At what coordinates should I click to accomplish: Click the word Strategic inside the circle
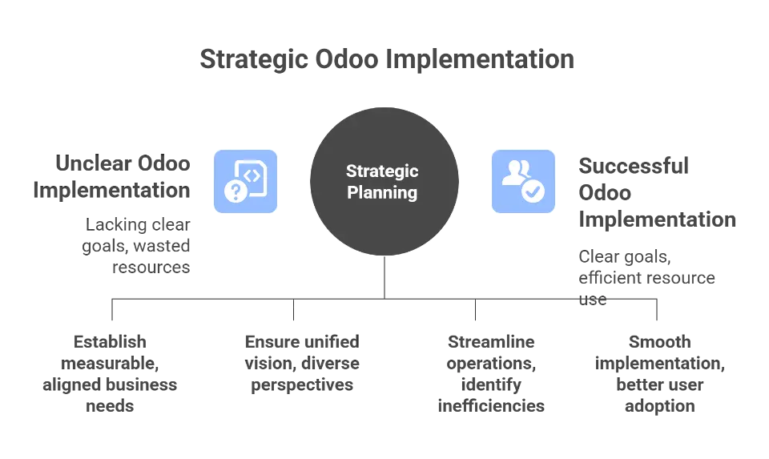(382, 171)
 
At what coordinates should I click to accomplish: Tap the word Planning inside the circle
(382, 192)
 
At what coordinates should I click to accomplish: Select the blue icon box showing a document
(245, 182)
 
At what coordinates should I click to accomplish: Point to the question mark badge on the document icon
(235, 191)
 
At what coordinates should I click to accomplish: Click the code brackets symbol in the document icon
(252, 174)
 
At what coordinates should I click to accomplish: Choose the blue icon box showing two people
(523, 182)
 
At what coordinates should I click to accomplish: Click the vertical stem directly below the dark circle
(384, 280)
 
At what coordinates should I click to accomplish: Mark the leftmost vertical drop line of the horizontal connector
(112, 311)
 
